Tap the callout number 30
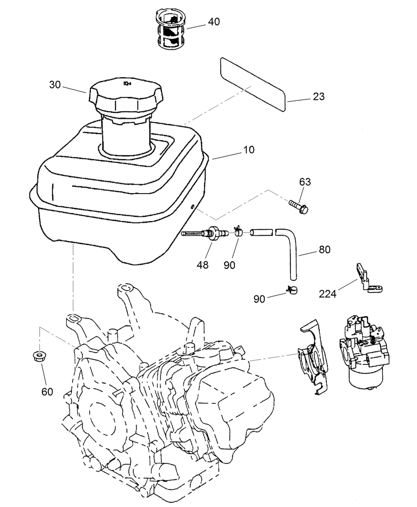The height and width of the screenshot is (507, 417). pyautogui.click(x=55, y=85)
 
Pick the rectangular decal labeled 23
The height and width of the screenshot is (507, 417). pyautogui.click(x=254, y=84)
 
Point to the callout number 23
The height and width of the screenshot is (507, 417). pyautogui.click(x=319, y=97)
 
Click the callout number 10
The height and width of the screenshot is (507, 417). pyautogui.click(x=248, y=150)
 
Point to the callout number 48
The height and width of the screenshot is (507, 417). pyautogui.click(x=202, y=265)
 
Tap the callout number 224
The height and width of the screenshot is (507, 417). pyautogui.click(x=327, y=294)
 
